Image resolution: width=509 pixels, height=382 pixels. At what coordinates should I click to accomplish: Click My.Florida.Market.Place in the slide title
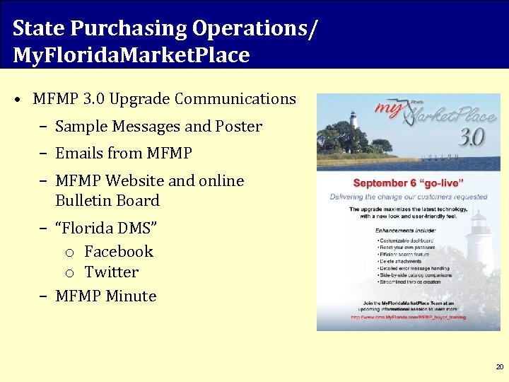pyautogui.click(x=131, y=54)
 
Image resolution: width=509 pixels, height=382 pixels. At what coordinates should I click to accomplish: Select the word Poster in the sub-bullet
pyautogui.click(x=239, y=127)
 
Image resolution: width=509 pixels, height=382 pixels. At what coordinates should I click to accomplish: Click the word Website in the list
pyautogui.click(x=136, y=181)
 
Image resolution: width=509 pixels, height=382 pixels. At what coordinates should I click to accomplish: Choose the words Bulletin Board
pyautogui.click(x=107, y=201)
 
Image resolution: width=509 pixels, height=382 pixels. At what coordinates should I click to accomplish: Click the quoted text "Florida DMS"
pyautogui.click(x=106, y=228)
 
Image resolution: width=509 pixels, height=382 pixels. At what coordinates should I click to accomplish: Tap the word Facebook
pyautogui.click(x=118, y=251)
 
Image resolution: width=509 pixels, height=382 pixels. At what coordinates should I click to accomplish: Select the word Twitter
pyautogui.click(x=111, y=272)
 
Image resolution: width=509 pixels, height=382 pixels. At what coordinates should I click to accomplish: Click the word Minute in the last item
pyautogui.click(x=131, y=296)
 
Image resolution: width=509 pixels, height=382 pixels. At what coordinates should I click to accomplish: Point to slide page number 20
pyautogui.click(x=500, y=366)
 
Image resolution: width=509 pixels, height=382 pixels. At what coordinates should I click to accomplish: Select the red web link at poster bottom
pyautogui.click(x=408, y=318)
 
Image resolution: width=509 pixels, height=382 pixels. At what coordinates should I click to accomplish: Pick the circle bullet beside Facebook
pyautogui.click(x=70, y=253)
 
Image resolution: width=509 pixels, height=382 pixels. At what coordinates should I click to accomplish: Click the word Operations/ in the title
pyautogui.click(x=255, y=28)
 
